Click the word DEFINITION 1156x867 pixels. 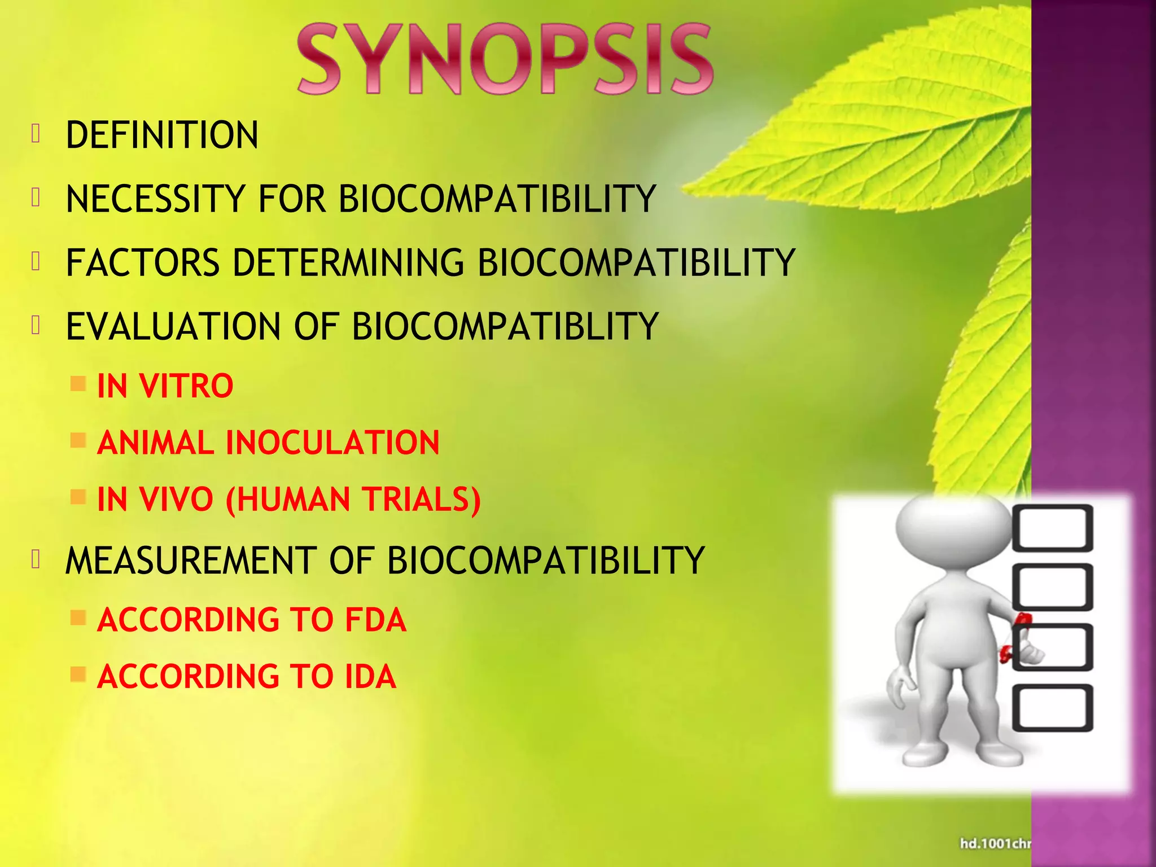point(162,135)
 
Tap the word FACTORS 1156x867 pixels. point(143,263)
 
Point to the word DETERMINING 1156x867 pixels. point(348,263)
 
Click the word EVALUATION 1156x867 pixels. point(173,327)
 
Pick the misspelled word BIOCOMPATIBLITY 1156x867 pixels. point(505,327)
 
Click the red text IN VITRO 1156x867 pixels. point(165,386)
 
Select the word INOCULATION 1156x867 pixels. point(332,443)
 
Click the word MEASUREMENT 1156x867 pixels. point(191,561)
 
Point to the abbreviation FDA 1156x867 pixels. point(375,620)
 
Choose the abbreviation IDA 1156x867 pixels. point(370,677)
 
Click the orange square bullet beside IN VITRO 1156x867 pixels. point(78,384)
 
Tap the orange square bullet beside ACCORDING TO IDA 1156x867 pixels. point(78,675)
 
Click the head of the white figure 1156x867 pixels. point(953,525)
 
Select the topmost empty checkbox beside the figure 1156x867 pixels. point(1052,528)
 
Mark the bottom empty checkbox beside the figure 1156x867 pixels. point(1052,708)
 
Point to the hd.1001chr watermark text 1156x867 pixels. point(996,843)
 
